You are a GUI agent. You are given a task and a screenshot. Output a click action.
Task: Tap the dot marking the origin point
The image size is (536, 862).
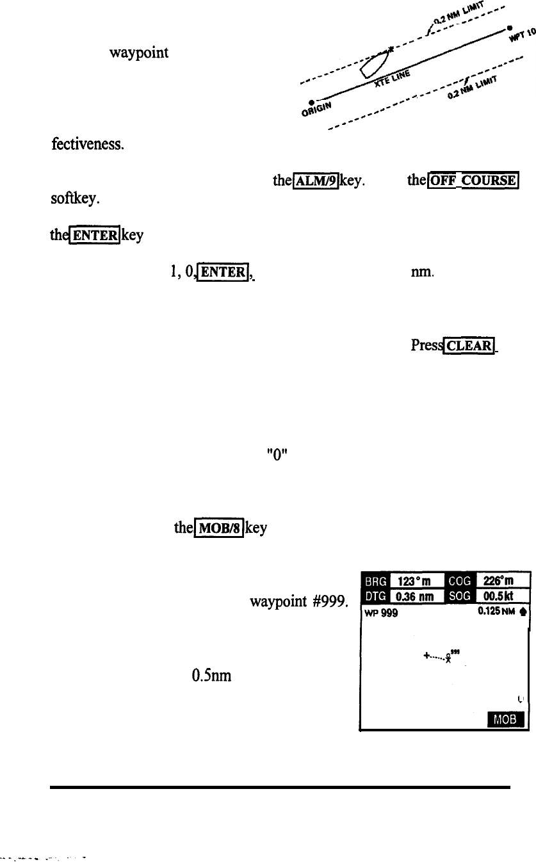311,102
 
